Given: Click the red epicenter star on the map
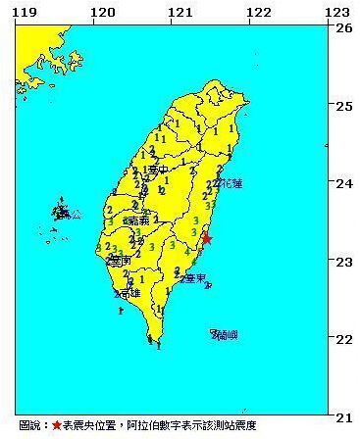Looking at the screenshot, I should tap(206, 238).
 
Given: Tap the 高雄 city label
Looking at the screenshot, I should tap(129, 293).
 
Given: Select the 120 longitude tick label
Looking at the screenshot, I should tap(99, 11).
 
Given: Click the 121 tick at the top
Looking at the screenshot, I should tap(179, 11).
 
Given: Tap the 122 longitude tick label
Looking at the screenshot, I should tap(258, 11).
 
